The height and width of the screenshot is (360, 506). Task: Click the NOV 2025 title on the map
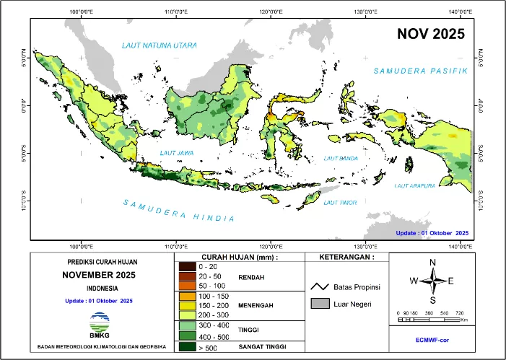(429, 33)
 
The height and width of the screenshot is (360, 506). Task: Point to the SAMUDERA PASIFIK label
(421, 71)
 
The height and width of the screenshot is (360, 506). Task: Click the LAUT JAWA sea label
(177, 153)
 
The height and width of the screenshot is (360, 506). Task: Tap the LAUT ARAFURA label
(414, 185)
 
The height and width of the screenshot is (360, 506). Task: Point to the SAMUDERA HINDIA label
(178, 210)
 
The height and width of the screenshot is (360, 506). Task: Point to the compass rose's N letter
(432, 263)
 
